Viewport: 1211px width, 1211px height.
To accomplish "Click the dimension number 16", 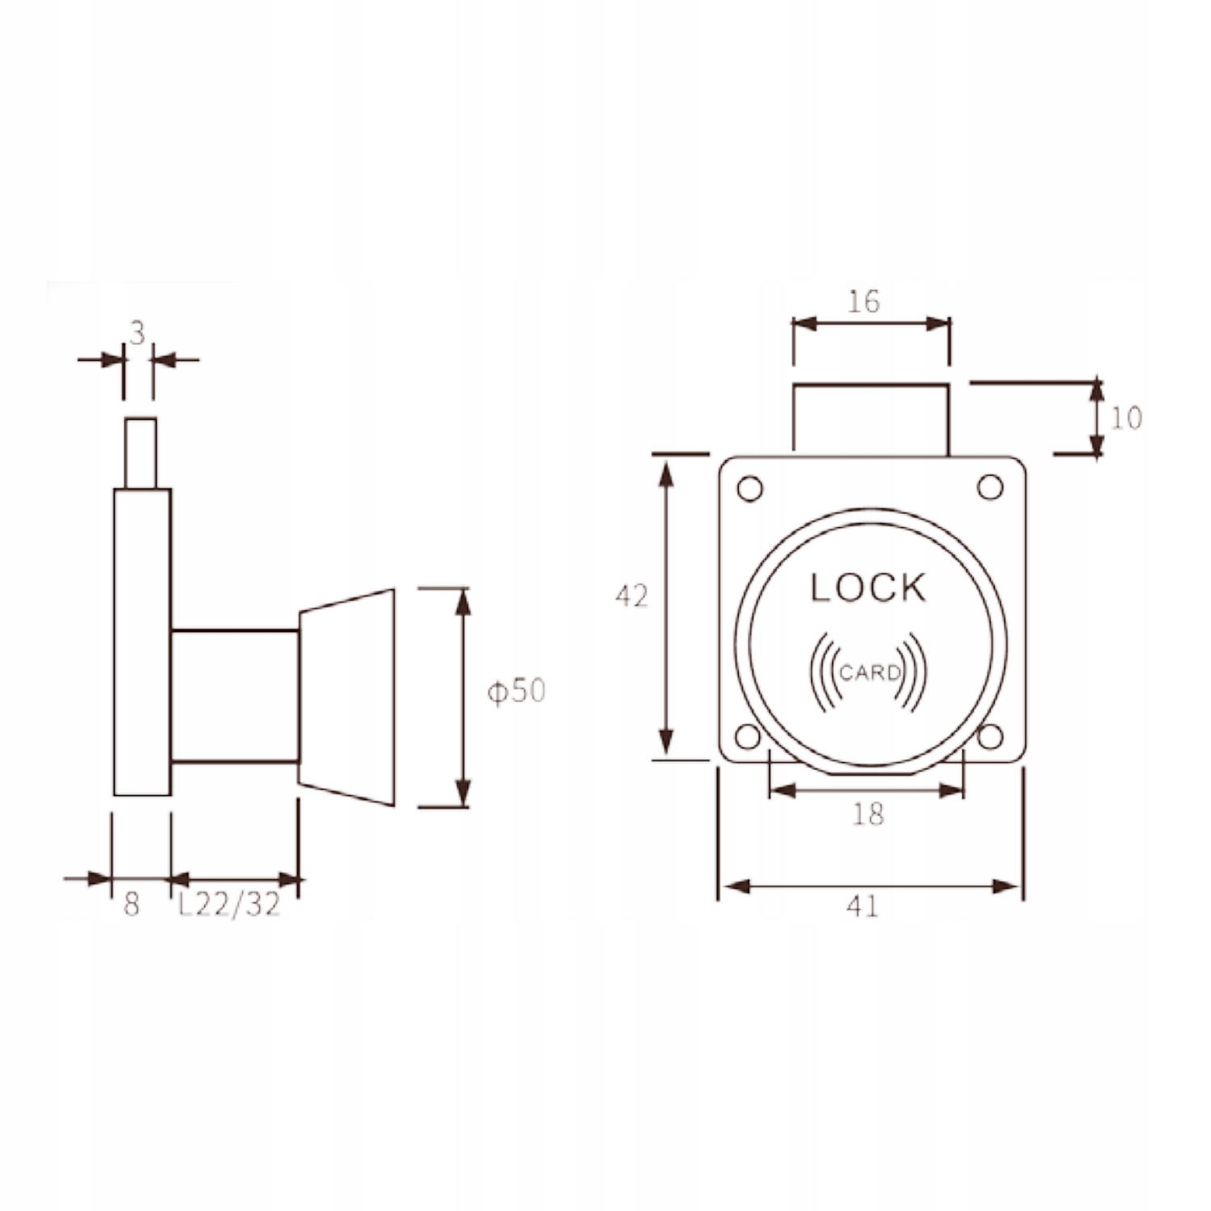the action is (x=863, y=301).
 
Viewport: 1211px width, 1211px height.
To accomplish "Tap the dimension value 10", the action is (x=1126, y=417).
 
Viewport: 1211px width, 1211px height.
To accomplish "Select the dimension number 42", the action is (x=631, y=596).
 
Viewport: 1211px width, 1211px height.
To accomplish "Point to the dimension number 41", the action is (x=862, y=907).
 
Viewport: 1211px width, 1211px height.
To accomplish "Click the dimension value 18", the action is (x=868, y=814).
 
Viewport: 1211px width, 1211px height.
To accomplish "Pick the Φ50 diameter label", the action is (x=516, y=691).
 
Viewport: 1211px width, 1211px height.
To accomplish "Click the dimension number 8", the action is (x=132, y=905).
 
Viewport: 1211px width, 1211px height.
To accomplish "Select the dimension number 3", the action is (x=137, y=333).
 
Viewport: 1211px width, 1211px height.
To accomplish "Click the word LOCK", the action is (x=868, y=588).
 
